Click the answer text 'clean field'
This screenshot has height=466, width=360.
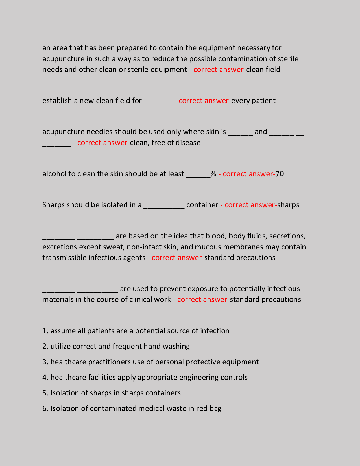[x=263, y=69]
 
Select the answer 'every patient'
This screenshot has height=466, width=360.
[x=253, y=101]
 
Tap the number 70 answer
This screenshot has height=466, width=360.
[x=280, y=174]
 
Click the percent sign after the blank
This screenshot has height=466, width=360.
[x=213, y=174]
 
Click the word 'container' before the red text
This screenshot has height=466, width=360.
[x=202, y=205]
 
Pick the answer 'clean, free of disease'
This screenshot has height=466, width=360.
[x=165, y=143]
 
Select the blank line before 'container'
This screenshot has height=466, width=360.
[x=164, y=206]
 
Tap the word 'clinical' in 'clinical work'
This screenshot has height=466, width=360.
[x=140, y=299]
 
